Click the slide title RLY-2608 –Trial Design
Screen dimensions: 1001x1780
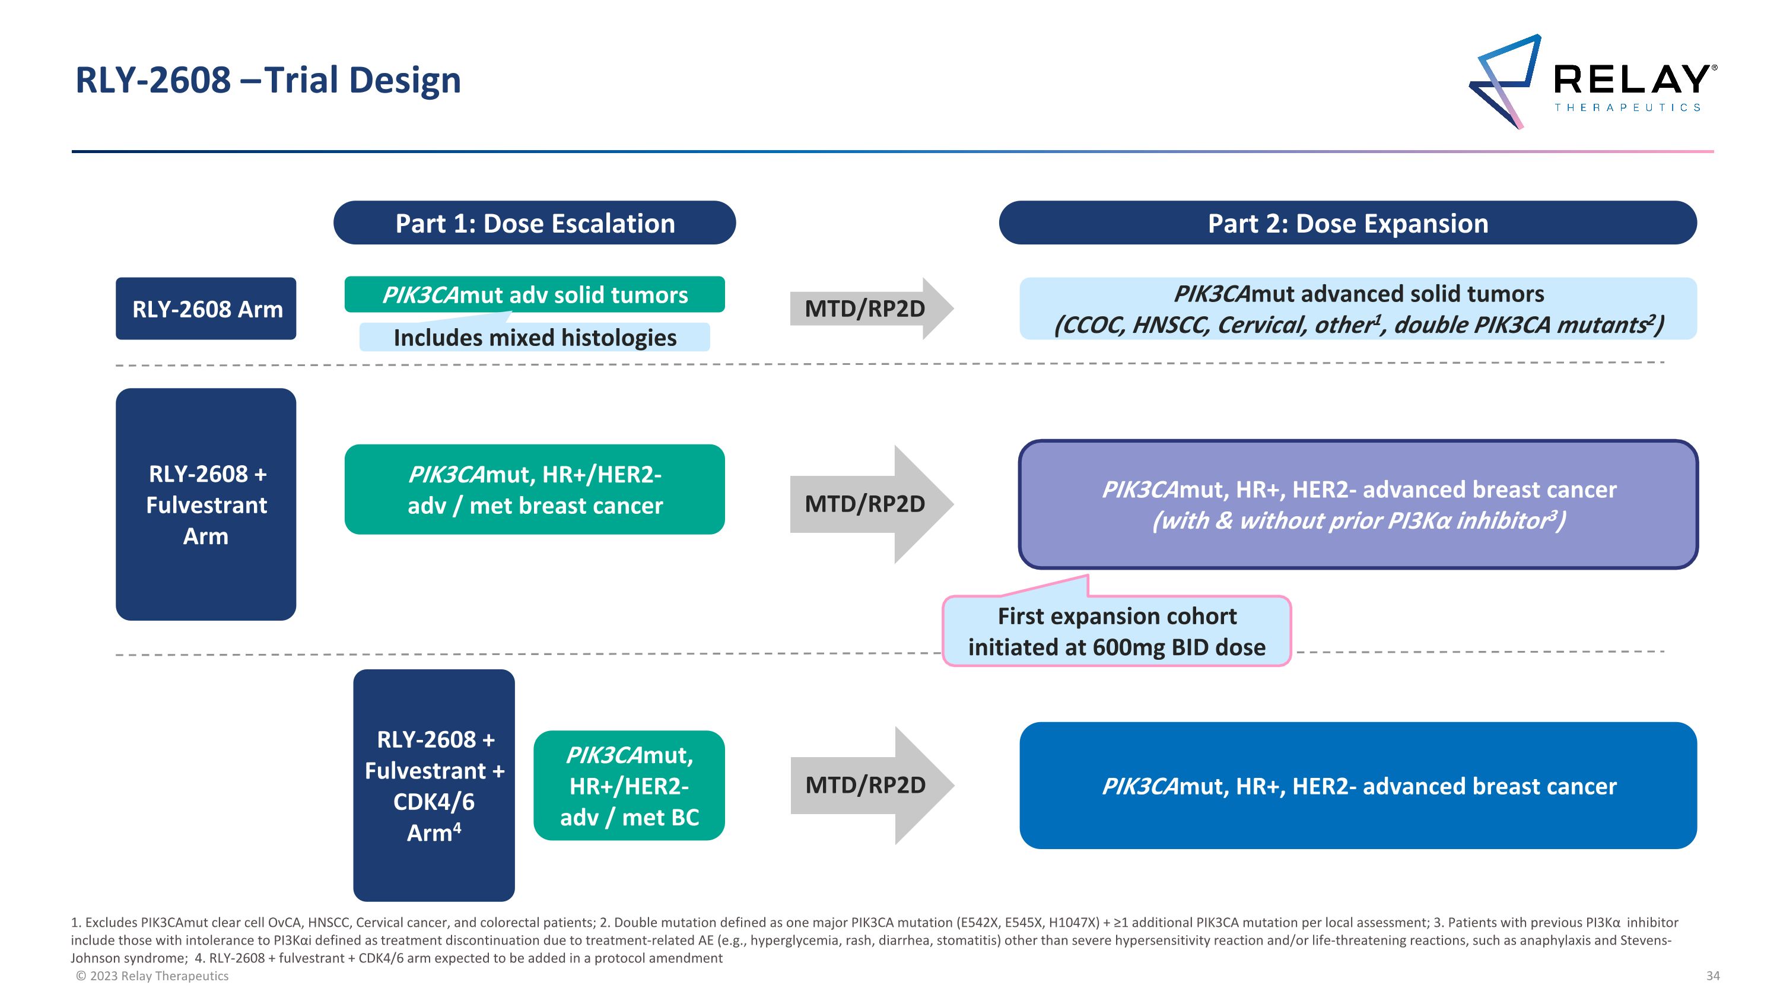pyautogui.click(x=268, y=80)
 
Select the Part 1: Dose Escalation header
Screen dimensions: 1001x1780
pyautogui.click(x=534, y=223)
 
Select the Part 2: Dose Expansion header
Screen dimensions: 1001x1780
pyautogui.click(x=1347, y=223)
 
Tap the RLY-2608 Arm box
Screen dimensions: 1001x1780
pyautogui.click(x=206, y=309)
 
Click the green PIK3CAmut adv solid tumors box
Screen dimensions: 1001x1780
pyautogui.click(x=534, y=294)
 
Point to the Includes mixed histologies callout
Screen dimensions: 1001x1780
pyautogui.click(x=534, y=338)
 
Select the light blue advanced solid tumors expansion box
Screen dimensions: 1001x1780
pyautogui.click(x=1358, y=309)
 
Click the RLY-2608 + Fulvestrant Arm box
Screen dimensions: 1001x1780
pyautogui.click(x=206, y=504)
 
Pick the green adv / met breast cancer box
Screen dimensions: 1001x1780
pyautogui.click(x=534, y=490)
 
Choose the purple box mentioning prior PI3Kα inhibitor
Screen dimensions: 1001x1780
pyautogui.click(x=1358, y=504)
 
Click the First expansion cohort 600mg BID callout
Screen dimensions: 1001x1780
pyautogui.click(x=1116, y=631)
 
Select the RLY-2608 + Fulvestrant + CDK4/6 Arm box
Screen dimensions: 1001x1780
pyautogui.click(x=434, y=786)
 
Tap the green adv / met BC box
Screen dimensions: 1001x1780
pyautogui.click(x=629, y=786)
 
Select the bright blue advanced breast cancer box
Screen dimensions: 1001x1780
pyautogui.click(x=1358, y=786)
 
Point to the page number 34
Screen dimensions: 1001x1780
pyautogui.click(x=1713, y=976)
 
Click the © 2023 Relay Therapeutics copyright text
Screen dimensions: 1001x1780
pyautogui.click(x=152, y=976)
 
